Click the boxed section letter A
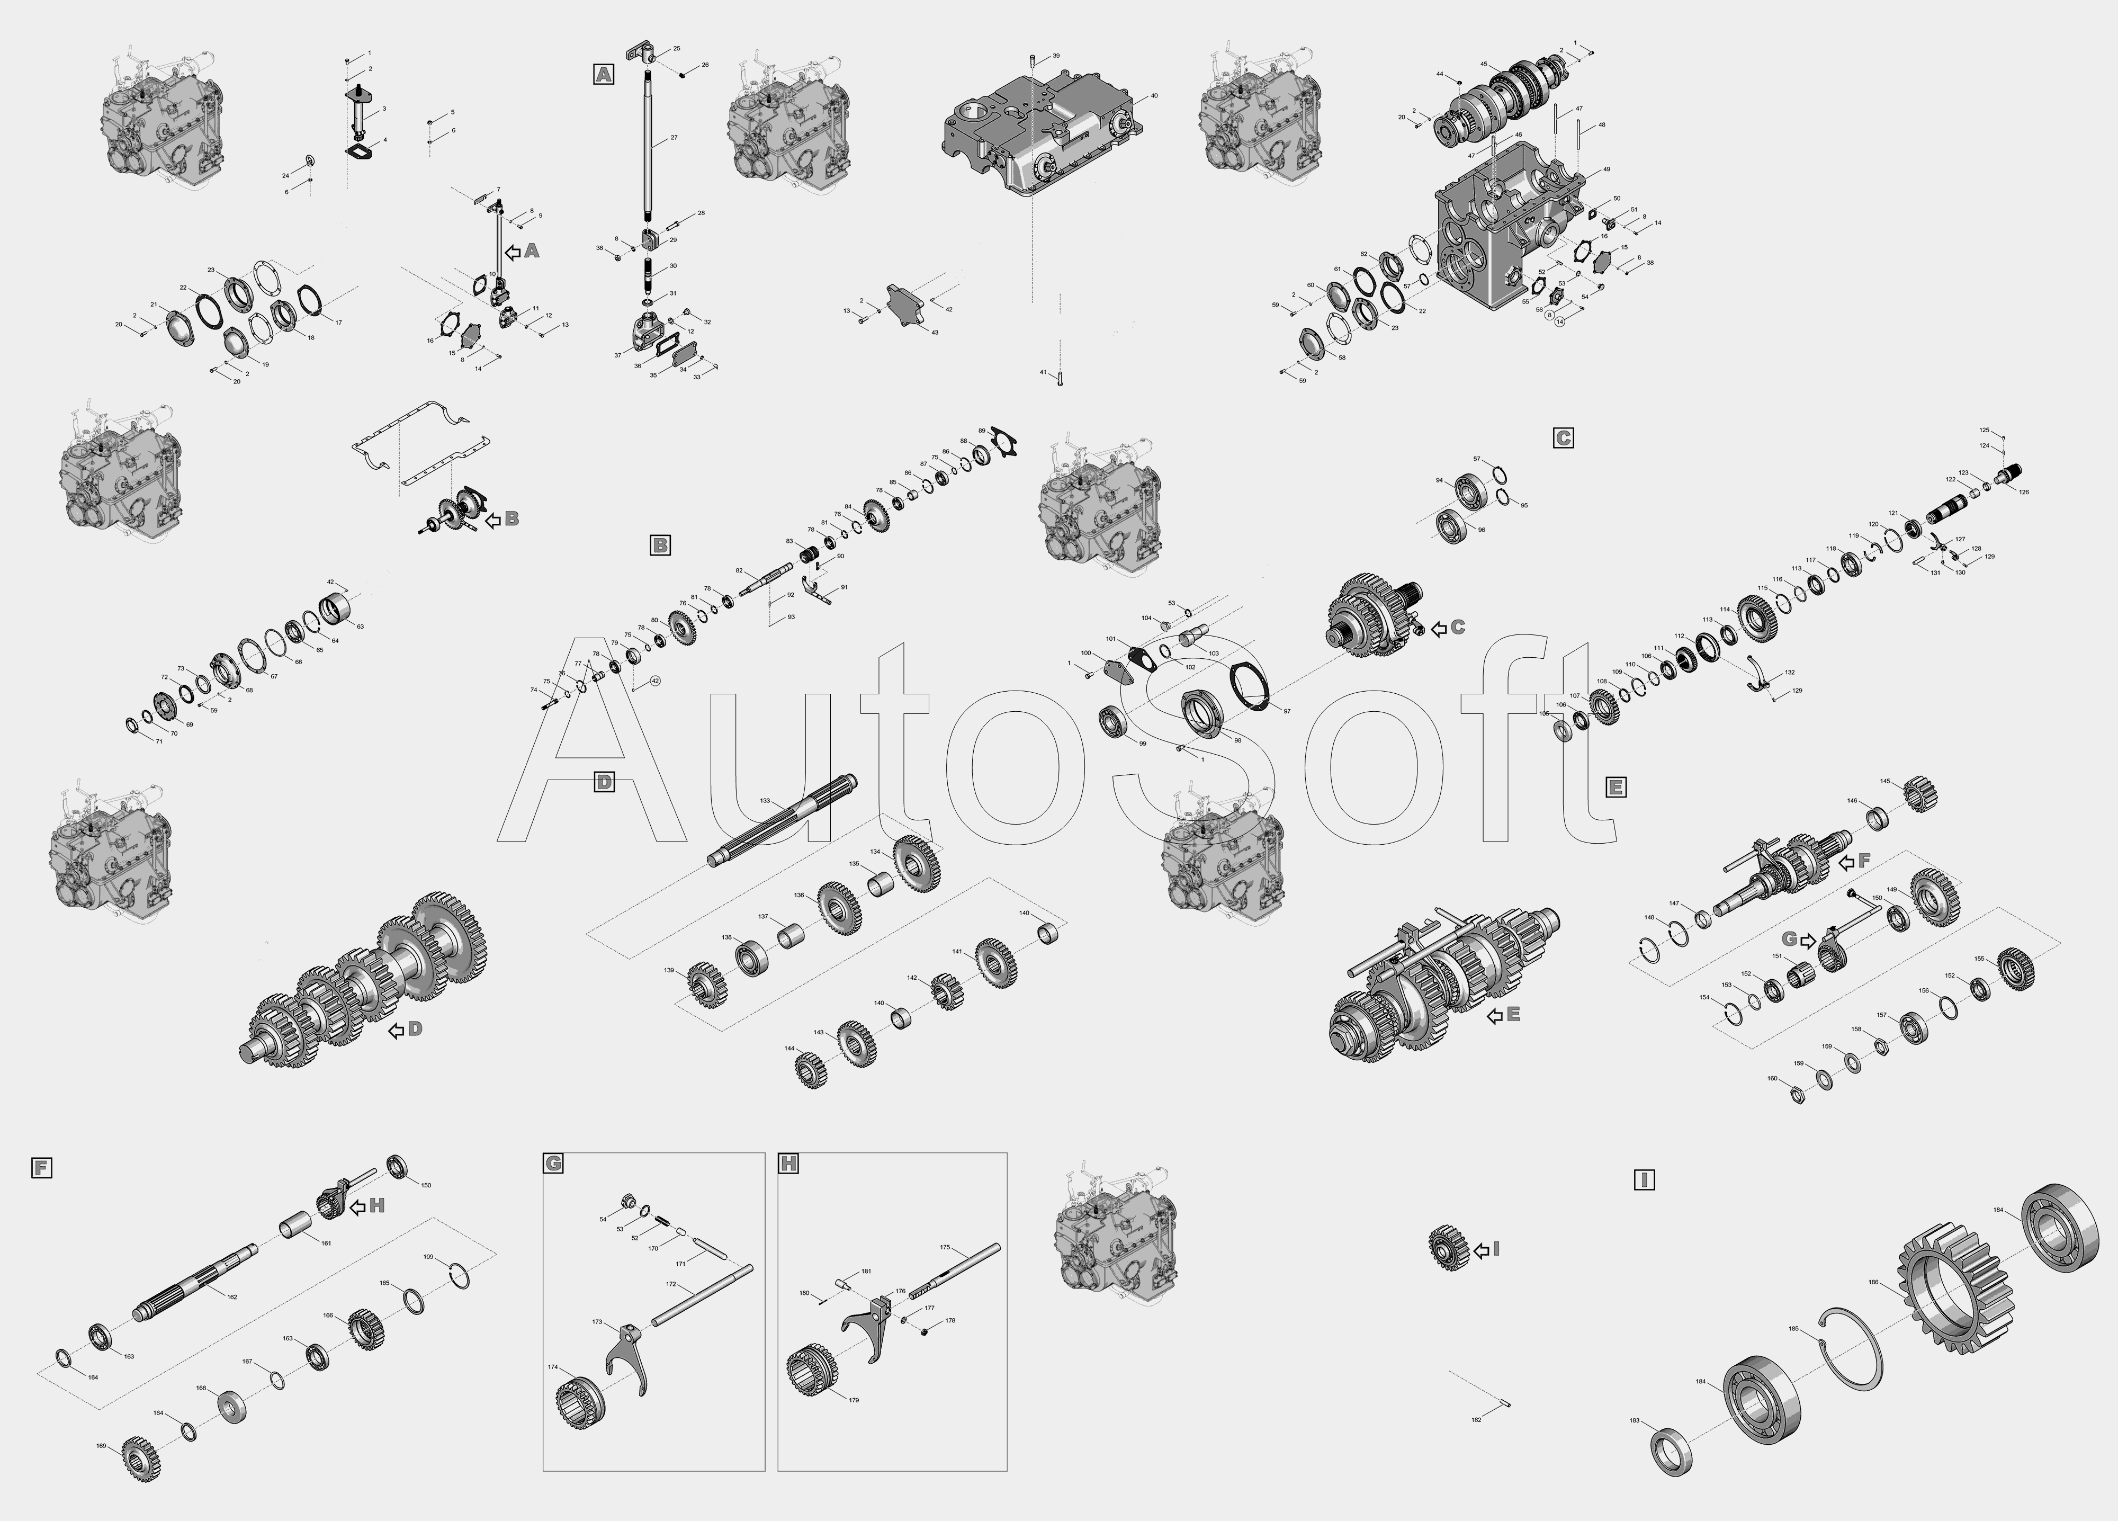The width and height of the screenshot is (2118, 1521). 603,74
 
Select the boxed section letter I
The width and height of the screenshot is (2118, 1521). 1645,1180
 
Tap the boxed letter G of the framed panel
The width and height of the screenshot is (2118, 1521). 553,1163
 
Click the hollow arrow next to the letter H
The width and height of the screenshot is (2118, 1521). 357,1206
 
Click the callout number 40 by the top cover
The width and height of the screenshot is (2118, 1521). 1154,96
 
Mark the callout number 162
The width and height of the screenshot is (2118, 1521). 231,1297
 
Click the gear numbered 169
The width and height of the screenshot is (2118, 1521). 137,1460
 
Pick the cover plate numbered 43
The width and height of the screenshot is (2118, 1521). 911,307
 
